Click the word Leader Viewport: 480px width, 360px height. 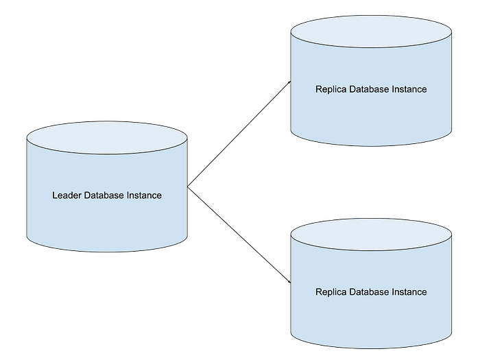tap(67, 195)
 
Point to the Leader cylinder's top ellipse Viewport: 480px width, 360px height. tap(107, 139)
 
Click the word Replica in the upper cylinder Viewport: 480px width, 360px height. tap(331, 89)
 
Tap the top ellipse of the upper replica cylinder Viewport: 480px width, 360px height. tap(371, 32)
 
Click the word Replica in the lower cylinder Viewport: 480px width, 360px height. tap(331, 292)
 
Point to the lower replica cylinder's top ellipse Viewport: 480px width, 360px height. tap(371, 235)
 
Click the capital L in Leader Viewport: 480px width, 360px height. tap(55, 195)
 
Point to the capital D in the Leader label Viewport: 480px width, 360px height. tap(87, 195)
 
